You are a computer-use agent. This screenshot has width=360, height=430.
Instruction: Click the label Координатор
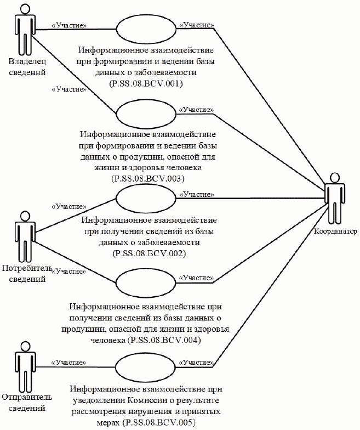pyautogui.click(x=335, y=231)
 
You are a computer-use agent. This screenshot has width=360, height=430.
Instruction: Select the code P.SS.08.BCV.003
pyautogui.click(x=147, y=179)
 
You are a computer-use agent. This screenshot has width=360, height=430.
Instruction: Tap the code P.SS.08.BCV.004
pyautogui.click(x=164, y=340)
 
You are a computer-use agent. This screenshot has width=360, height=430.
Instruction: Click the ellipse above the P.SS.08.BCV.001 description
pyautogui.click(x=145, y=29)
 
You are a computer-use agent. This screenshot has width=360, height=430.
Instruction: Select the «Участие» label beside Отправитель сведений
pyautogui.click(x=68, y=363)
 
